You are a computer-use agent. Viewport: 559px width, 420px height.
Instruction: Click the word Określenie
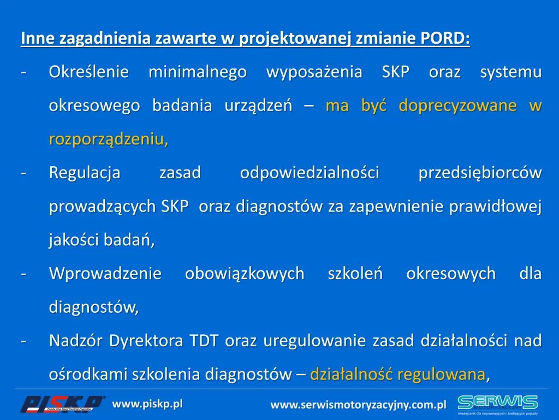[x=89, y=72]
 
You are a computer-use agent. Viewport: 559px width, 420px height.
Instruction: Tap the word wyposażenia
[x=314, y=72]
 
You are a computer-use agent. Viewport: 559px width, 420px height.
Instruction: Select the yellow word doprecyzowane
[x=457, y=106]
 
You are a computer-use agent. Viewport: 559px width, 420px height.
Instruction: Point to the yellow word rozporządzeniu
[x=109, y=139]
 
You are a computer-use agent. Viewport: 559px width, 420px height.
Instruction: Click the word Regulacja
[x=85, y=173]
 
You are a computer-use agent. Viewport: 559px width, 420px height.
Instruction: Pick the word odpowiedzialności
[x=310, y=172]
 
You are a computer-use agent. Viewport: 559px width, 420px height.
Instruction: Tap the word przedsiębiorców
[x=480, y=173]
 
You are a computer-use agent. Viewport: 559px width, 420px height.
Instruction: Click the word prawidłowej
[x=496, y=206]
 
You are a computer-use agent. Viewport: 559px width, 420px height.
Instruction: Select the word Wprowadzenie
[x=105, y=273]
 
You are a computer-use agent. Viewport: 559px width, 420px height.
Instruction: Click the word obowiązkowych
[x=245, y=273]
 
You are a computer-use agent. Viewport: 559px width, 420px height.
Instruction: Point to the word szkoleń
[x=355, y=273]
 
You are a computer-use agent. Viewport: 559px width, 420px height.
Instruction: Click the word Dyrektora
[x=146, y=341]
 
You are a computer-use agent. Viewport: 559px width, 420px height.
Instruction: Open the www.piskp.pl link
[x=147, y=404]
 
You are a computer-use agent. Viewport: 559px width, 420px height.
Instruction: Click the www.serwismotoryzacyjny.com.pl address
[x=358, y=405]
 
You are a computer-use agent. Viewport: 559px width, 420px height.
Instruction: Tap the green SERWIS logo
[x=498, y=404]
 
